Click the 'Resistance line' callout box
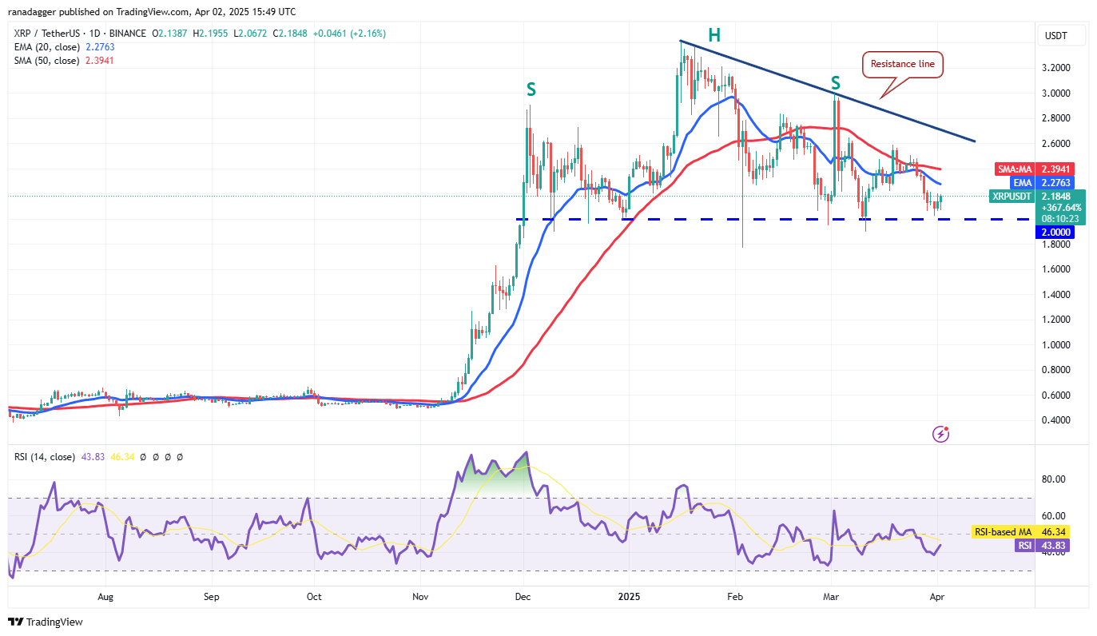tap(903, 64)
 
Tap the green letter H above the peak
tap(713, 34)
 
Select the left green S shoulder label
tap(531, 89)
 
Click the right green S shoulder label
tap(835, 82)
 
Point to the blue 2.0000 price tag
tap(1055, 232)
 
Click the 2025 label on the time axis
tap(626, 596)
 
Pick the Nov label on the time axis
tap(418, 596)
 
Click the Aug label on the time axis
tap(105, 596)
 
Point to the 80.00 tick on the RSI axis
tap(1054, 479)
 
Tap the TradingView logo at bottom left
tap(46, 622)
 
